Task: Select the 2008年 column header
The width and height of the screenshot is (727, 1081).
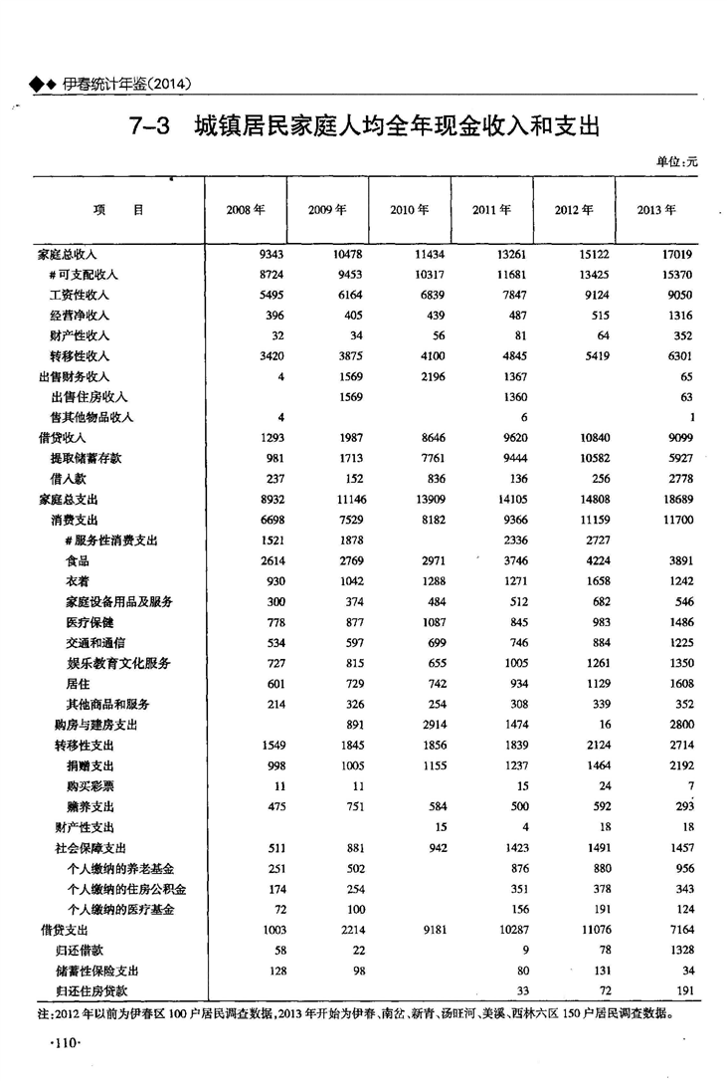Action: pos(246,210)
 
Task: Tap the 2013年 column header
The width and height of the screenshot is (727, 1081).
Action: pos(655,210)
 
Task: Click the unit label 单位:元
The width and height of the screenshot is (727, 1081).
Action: pos(676,161)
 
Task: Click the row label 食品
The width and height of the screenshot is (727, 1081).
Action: pos(79,560)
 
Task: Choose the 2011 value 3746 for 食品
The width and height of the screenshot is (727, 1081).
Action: pos(512,560)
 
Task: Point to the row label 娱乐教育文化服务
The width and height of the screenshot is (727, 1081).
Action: pos(118,663)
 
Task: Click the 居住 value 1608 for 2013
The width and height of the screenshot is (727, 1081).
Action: pos(677,683)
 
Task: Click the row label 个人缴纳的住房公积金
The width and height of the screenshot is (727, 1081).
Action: pos(126,888)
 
